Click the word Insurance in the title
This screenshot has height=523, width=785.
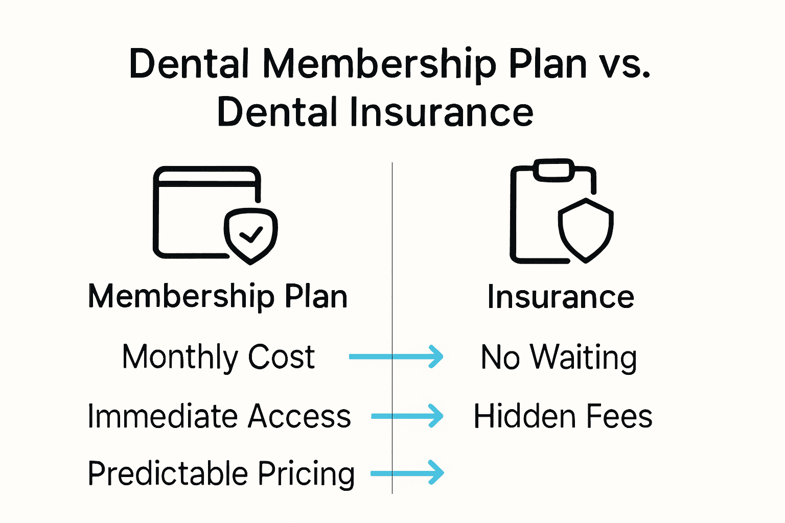pos(442,112)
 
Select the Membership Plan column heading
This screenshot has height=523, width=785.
pos(218,296)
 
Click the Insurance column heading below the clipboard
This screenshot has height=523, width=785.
pos(561,297)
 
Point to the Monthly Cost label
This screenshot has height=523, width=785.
pos(218,356)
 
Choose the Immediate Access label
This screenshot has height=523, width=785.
pos(219,416)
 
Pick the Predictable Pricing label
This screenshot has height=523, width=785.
pos(221,473)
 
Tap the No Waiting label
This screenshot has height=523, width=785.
pos(559,357)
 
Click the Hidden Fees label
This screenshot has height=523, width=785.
pos(563,416)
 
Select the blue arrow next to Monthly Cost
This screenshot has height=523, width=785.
pos(396,356)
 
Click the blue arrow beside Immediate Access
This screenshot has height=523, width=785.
pos(407,416)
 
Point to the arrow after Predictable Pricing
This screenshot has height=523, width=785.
pos(407,473)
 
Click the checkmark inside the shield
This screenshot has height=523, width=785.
pos(251,234)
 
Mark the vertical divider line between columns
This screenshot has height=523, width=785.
pos(392,255)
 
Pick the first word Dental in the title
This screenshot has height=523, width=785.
pos(189,65)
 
